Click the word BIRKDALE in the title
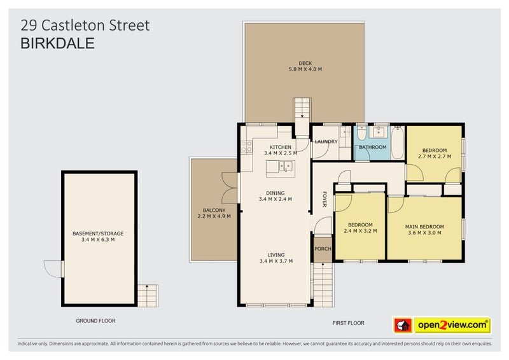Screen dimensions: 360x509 58,43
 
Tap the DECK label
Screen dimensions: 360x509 305,62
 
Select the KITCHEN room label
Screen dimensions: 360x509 275,147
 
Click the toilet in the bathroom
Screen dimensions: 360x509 361,134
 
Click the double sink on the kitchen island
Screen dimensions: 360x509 280,167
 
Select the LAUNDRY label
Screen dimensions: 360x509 326,141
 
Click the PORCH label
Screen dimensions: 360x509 323,248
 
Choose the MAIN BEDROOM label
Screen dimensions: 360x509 424,226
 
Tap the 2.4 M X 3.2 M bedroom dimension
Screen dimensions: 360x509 361,231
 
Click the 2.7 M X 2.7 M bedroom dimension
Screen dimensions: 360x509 434,156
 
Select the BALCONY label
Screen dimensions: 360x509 214,211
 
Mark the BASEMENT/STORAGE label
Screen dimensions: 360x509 98,233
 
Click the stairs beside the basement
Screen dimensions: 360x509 148,295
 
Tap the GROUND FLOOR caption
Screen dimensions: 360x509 95,321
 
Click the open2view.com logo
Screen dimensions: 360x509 443,325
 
